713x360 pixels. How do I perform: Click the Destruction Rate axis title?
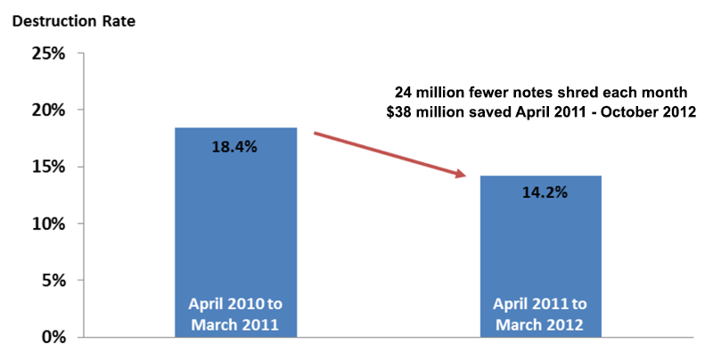tap(72, 19)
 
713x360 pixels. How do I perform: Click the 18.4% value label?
tap(235, 147)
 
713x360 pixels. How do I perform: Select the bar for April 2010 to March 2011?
tap(235, 232)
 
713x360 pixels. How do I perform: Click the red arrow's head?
tap(461, 175)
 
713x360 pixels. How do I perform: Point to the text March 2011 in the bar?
tap(235, 324)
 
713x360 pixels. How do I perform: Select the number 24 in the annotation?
tap(405, 92)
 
